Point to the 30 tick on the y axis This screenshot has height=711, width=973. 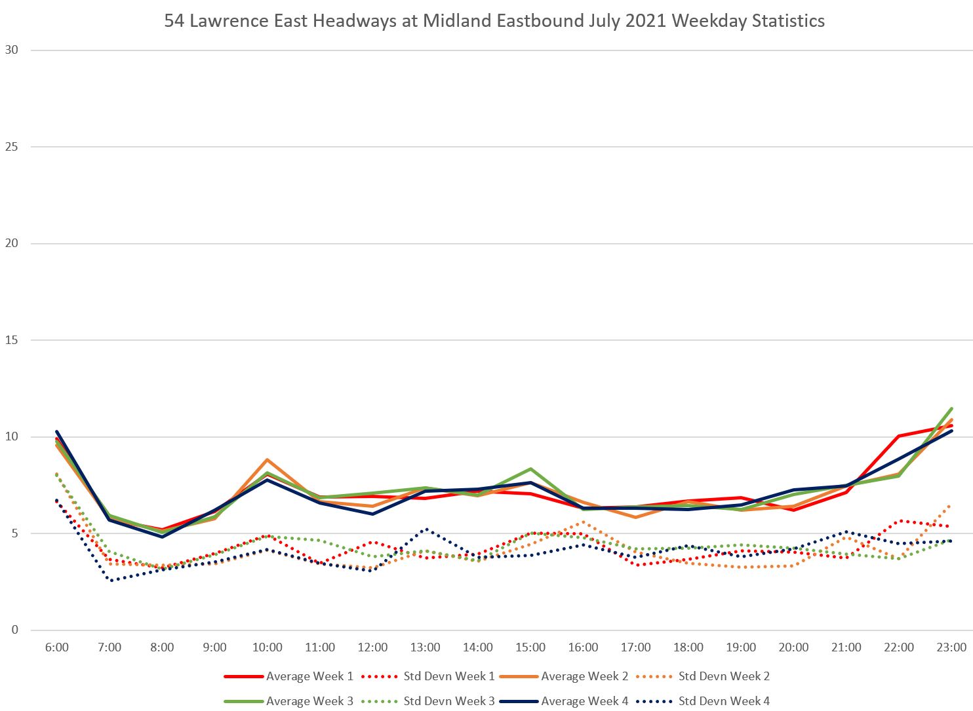tap(11, 50)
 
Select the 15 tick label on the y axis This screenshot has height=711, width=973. tap(11, 340)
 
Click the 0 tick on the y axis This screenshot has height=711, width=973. tap(14, 630)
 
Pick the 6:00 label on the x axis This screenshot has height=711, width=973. tap(57, 647)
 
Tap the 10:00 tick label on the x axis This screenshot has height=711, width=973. tap(268, 647)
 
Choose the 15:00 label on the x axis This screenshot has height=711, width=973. tap(530, 647)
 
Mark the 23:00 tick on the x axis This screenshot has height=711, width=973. tap(951, 647)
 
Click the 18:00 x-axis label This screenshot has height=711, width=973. tap(688, 647)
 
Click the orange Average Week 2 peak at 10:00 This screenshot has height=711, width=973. tap(268, 460)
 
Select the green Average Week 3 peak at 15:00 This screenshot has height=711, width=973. tap(530, 469)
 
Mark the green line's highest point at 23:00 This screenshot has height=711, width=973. tap(951, 409)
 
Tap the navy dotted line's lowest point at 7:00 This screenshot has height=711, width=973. tap(111, 581)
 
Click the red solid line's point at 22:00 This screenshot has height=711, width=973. tap(899, 436)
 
